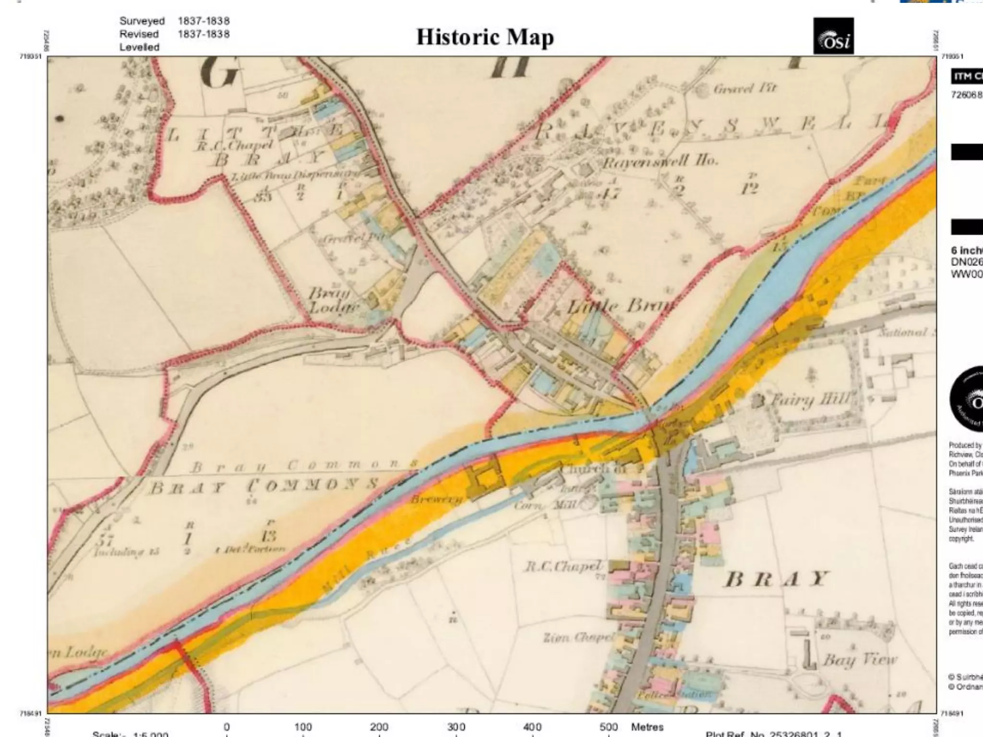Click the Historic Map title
click(485, 37)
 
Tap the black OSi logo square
click(833, 36)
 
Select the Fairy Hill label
click(811, 399)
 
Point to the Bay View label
click(859, 660)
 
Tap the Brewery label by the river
click(436, 499)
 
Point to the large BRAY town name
click(776, 579)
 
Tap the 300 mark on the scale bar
click(456, 727)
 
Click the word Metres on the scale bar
click(647, 727)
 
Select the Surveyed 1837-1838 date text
click(174, 21)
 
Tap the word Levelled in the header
click(139, 47)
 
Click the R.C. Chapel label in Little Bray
click(234, 145)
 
